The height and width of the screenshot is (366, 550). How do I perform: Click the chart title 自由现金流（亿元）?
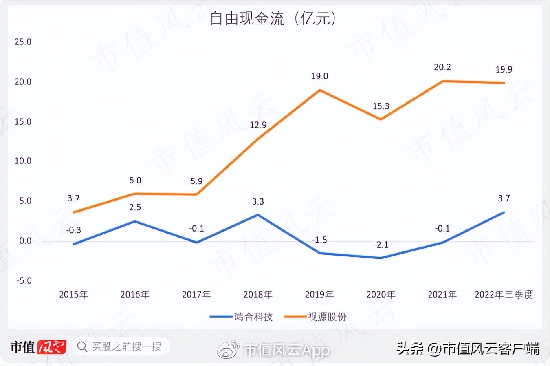click(x=273, y=19)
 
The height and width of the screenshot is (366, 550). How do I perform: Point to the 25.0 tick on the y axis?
click(x=23, y=42)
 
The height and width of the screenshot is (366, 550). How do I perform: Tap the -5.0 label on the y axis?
click(x=24, y=281)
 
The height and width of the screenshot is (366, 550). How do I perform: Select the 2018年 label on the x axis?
click(x=258, y=295)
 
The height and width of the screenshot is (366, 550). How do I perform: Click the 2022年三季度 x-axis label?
click(x=504, y=295)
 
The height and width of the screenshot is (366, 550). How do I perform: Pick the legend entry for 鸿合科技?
click(x=241, y=317)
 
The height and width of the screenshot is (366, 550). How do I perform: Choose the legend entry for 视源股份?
click(x=315, y=317)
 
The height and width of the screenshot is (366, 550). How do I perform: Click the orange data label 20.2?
click(x=442, y=67)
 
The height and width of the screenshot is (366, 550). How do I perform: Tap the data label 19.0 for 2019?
click(x=319, y=76)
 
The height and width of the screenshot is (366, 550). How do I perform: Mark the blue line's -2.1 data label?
click(x=381, y=245)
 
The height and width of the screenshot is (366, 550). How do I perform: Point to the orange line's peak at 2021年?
click(x=442, y=81)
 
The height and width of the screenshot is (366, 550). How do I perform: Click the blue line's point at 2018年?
click(x=258, y=215)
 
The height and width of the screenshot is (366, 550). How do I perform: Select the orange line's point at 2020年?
click(x=381, y=119)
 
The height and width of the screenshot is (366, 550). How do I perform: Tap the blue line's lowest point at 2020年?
click(x=381, y=258)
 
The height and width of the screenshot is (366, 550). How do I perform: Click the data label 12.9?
click(x=258, y=125)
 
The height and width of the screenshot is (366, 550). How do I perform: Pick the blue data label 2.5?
click(x=135, y=207)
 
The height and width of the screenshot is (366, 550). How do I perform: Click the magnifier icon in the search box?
click(x=82, y=347)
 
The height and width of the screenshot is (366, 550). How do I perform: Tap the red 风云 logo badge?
click(x=51, y=347)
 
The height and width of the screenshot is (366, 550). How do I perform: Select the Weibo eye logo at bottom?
click(x=228, y=349)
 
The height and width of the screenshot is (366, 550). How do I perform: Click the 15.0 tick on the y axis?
click(x=23, y=122)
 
